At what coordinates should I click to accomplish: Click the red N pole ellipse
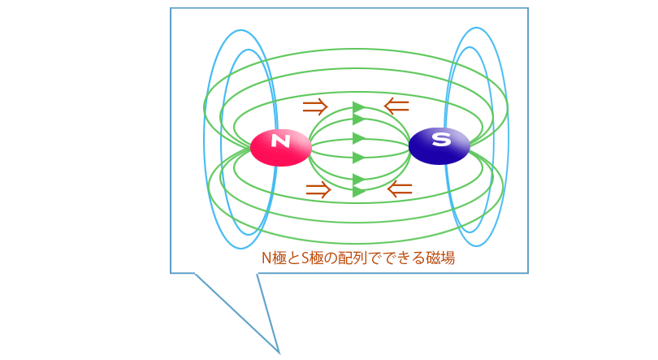(x=281, y=147)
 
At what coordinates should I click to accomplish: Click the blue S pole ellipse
(x=439, y=145)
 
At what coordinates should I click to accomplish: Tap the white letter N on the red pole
(x=281, y=141)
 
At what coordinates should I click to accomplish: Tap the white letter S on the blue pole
(x=441, y=138)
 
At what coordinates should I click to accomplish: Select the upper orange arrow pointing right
(x=315, y=107)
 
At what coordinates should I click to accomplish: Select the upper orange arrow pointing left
(x=396, y=106)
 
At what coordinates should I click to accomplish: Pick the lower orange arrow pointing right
(x=318, y=190)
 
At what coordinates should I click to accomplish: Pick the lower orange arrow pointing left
(x=400, y=189)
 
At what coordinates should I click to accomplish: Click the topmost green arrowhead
(x=358, y=107)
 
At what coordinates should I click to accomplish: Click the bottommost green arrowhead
(x=358, y=192)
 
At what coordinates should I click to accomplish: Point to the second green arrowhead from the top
(x=358, y=119)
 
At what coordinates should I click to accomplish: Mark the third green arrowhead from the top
(x=358, y=138)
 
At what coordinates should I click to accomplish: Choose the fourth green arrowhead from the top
(x=358, y=158)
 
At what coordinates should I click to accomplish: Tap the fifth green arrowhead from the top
(x=358, y=180)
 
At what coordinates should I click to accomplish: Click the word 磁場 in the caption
(x=440, y=258)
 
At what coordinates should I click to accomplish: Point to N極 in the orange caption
(x=274, y=258)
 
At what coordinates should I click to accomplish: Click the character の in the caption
(x=331, y=258)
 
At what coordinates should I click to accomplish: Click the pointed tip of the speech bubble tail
(x=279, y=353)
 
